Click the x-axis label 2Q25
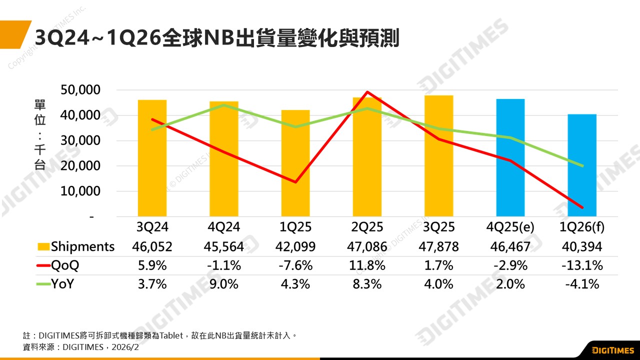tap(367, 227)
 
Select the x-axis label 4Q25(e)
tap(510, 227)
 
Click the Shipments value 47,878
tap(438, 246)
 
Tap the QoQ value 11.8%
tap(367, 265)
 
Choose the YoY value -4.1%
tap(582, 284)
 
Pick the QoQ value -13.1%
tap(582, 265)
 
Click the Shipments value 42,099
tap(295, 246)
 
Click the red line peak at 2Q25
tap(367, 92)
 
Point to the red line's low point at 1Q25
tap(295, 182)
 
